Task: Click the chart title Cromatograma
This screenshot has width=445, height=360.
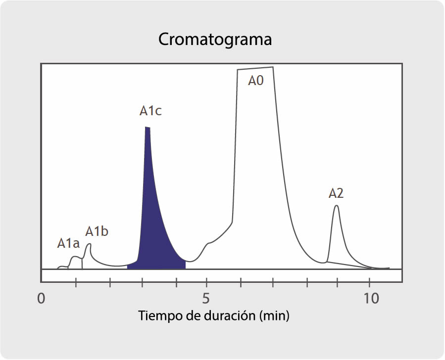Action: (215, 40)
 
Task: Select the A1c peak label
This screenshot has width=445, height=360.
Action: (150, 111)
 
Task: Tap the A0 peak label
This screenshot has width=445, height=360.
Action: (255, 81)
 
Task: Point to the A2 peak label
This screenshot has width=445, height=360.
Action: (336, 193)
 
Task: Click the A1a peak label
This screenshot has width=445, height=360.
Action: (68, 243)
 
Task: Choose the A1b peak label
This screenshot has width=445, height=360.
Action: (97, 231)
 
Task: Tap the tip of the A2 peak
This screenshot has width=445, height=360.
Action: (337, 206)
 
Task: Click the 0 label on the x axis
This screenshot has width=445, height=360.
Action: (42, 299)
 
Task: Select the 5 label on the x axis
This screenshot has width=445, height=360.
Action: (206, 299)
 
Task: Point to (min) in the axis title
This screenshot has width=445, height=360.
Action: (274, 315)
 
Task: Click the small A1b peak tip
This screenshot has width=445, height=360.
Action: (89, 244)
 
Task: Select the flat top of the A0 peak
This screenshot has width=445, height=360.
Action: (255, 69)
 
